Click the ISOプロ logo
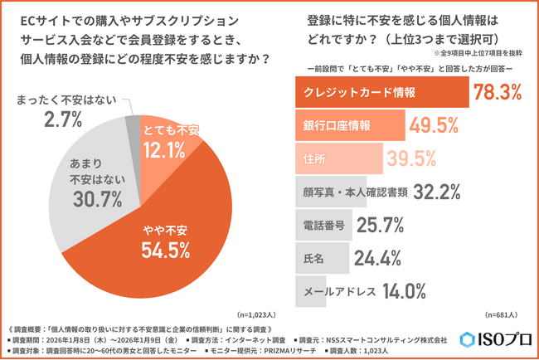(x=494, y=340)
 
